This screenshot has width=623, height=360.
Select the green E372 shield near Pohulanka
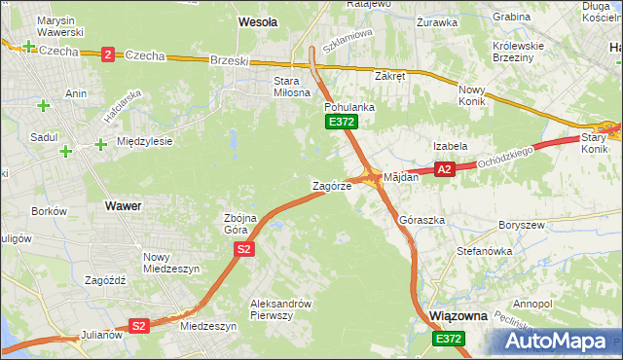click(342, 122)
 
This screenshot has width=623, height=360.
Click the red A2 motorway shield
click(444, 169)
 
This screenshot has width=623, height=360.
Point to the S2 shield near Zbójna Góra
click(244, 250)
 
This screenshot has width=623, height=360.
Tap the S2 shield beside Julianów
click(139, 326)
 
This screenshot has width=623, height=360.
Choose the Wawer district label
click(122, 206)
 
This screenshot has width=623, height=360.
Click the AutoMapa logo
click(557, 342)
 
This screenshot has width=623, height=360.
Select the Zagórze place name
click(331, 185)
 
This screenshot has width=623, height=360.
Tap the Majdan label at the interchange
click(400, 177)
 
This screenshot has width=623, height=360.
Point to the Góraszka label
click(421, 220)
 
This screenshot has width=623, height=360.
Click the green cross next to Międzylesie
click(100, 145)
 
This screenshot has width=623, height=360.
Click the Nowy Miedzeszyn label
click(170, 262)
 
